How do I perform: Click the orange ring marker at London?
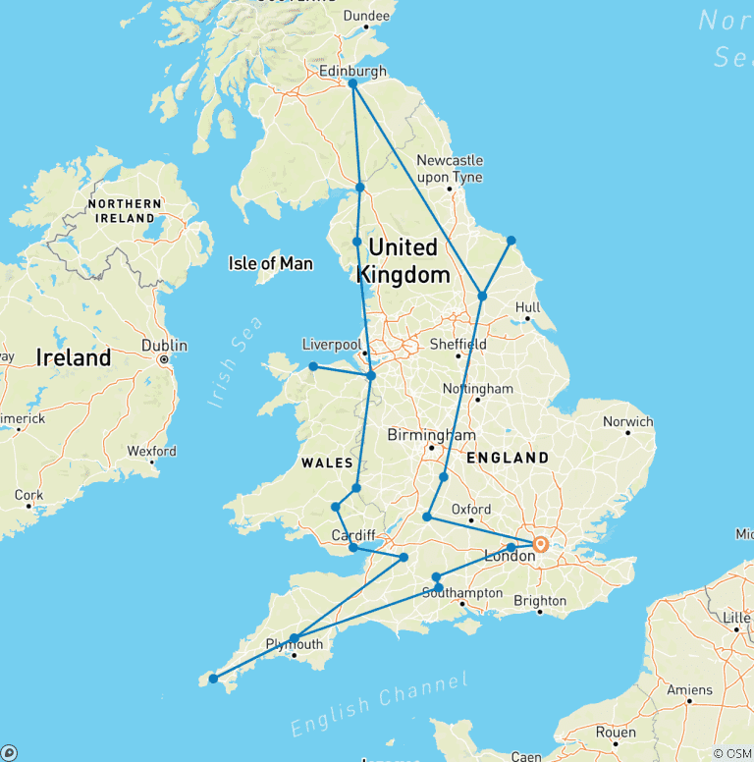pos(540,544)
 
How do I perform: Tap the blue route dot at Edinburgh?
pos(352,84)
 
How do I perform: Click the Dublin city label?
pos(164,345)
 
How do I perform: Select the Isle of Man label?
pos(270,263)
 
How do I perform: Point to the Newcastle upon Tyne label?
pos(450,168)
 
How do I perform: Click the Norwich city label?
pos(627,421)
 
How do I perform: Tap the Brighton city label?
pos(539,600)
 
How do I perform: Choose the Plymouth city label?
pos(295,644)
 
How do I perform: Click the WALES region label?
pos(327,462)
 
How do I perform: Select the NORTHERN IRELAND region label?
pos(125,210)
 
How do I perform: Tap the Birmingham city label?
pos(431,435)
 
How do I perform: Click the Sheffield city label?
pos(458,345)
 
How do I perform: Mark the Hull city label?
pos(528,306)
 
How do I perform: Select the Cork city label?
pos(28,495)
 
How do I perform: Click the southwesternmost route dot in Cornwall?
pos(213,678)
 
